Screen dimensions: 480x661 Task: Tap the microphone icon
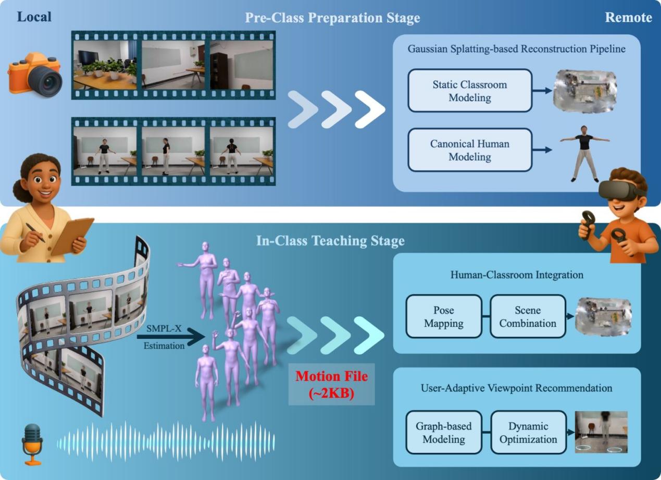[x=32, y=443]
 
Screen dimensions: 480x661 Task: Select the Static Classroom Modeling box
[x=469, y=91]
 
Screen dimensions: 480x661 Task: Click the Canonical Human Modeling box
[x=469, y=150]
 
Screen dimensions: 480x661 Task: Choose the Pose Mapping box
[x=443, y=316]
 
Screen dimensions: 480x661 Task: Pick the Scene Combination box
[x=528, y=316]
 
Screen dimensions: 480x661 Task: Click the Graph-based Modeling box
[x=443, y=433]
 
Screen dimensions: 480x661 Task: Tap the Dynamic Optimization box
[x=528, y=433]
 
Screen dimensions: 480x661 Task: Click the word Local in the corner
[x=34, y=17]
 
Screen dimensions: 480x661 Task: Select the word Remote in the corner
[x=628, y=18]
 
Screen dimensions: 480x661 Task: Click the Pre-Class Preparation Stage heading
[x=332, y=18]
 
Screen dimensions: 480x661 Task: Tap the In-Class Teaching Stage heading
[x=330, y=241]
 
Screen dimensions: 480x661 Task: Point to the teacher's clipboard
[x=72, y=237]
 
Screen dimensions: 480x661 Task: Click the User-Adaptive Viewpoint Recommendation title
[x=516, y=388]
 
